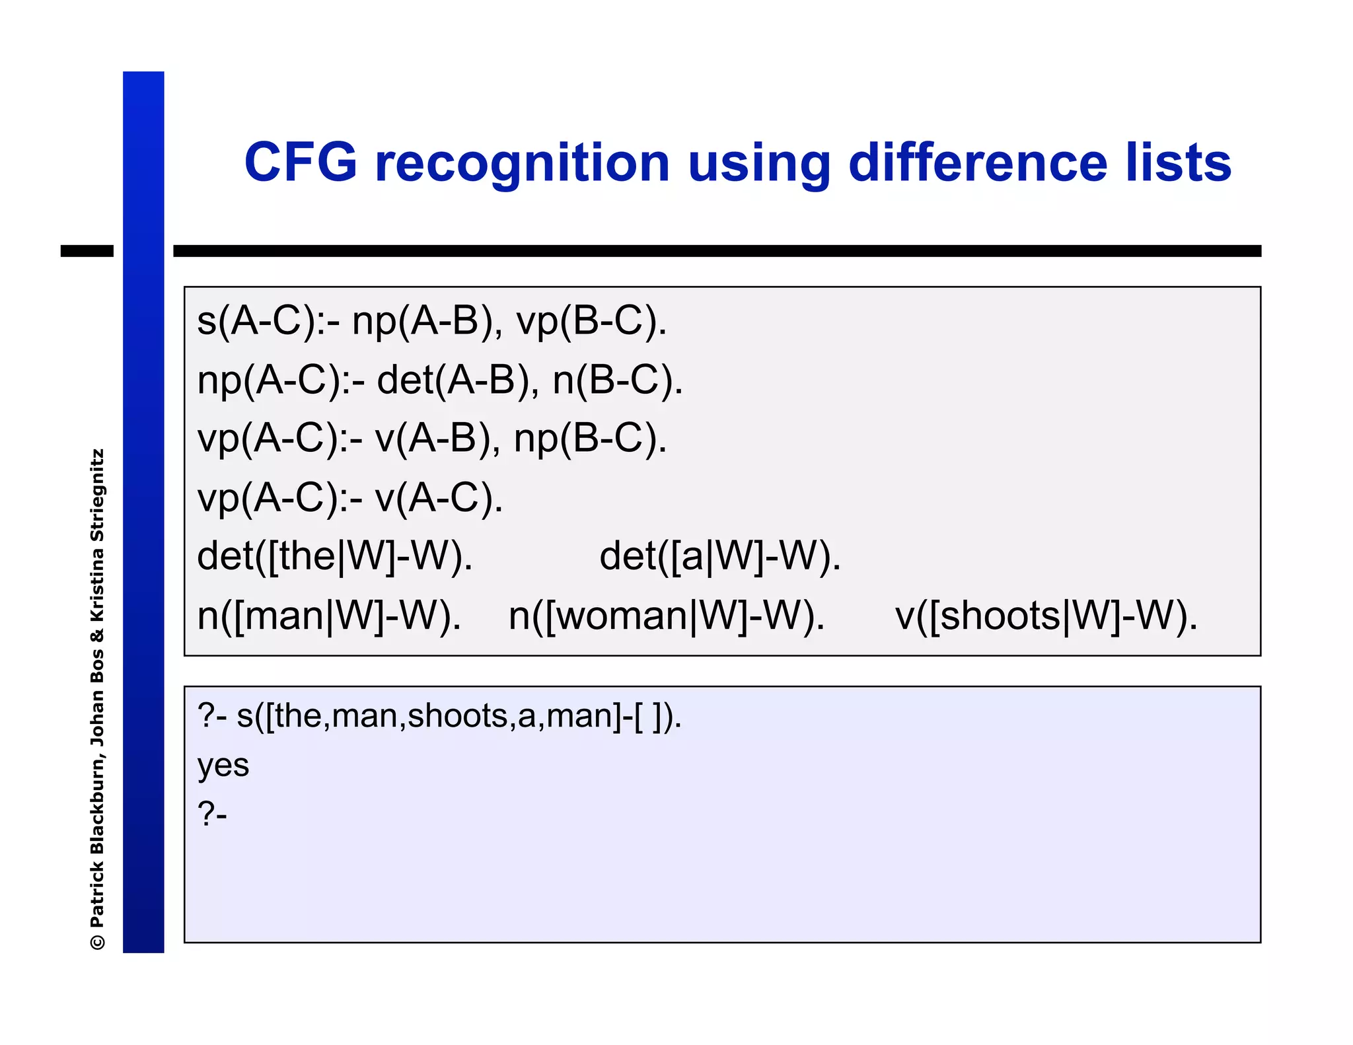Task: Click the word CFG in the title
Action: [301, 162]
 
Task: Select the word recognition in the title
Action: [522, 164]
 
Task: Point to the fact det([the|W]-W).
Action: [335, 556]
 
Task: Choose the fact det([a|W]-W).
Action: [720, 556]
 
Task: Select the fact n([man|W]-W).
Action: [329, 616]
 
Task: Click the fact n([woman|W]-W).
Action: [667, 616]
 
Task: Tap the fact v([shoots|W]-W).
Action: [1046, 616]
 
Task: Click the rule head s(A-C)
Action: [256, 322]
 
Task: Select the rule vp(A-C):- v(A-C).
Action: [350, 497]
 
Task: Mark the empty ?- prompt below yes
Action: [212, 814]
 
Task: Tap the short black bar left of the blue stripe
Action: [87, 251]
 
